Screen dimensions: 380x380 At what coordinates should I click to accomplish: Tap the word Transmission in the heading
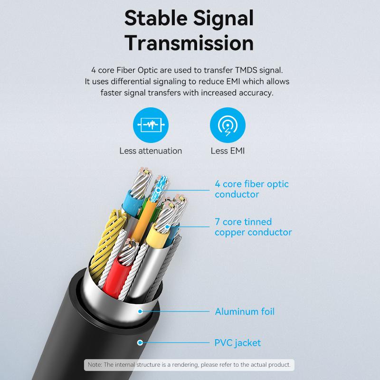(x=189, y=43)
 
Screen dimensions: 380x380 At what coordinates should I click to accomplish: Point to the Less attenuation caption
(x=151, y=151)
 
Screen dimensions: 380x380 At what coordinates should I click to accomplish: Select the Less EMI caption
(x=228, y=151)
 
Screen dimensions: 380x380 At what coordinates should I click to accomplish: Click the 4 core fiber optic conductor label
(x=251, y=189)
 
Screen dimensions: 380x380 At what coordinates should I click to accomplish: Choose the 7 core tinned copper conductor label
(x=253, y=227)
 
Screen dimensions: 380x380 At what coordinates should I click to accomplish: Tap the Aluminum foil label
(x=245, y=312)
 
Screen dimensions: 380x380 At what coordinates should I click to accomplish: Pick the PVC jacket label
(x=237, y=343)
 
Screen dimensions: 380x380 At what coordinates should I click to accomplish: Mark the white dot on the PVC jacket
(x=140, y=342)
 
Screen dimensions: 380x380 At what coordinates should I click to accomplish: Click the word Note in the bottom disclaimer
(x=94, y=365)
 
